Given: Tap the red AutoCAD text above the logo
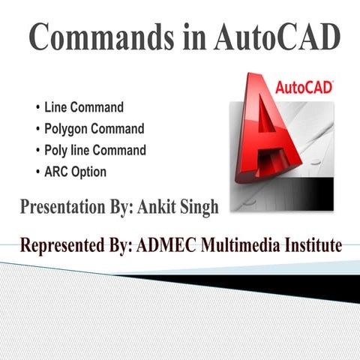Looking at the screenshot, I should pos(304,88).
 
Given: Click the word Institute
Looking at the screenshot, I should pos(311,244).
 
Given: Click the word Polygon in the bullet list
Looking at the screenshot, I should pos(73,129).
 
